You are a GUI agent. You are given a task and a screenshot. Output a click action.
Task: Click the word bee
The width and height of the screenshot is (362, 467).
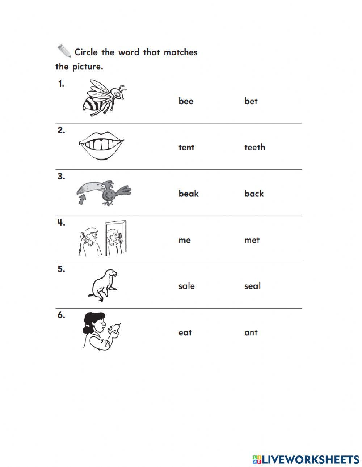pos(186,101)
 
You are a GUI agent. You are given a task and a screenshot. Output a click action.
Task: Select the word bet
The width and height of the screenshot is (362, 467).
pos(251,101)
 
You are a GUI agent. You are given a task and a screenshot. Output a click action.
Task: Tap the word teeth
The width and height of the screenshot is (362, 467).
pos(254,147)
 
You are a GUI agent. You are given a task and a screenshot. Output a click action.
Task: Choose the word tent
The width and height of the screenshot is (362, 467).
pos(186,147)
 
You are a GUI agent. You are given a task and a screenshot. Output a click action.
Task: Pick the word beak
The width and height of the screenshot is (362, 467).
pos(188,194)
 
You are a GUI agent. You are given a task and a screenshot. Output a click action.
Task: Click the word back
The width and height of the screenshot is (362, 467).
pos(254,194)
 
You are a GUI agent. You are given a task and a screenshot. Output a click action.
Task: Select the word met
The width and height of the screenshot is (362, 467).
pos(252,240)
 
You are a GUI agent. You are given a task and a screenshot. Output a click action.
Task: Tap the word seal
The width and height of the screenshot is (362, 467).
pos(252,286)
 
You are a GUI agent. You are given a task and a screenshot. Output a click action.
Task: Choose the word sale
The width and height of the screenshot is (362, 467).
pos(186,286)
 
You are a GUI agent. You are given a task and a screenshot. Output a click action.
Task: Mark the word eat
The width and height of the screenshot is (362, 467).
pos(185,332)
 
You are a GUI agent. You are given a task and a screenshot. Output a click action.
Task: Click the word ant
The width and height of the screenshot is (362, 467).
pos(251,332)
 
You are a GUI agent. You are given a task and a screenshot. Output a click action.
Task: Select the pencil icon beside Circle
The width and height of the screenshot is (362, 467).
pos(64,51)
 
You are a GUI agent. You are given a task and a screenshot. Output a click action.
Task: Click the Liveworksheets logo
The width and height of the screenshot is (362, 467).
pos(306,459)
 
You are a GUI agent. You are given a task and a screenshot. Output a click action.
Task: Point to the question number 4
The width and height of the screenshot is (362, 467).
pos(61,223)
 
